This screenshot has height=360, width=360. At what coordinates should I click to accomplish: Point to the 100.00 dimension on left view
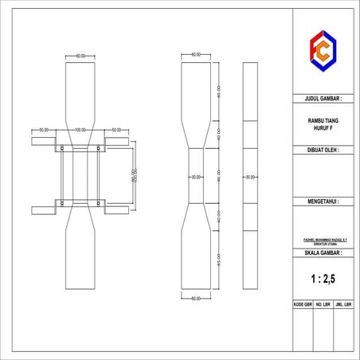80,129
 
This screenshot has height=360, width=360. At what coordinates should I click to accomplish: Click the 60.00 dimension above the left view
80,57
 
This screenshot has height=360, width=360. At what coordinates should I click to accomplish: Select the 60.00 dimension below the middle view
196,298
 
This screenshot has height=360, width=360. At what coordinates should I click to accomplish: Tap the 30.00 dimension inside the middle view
195,177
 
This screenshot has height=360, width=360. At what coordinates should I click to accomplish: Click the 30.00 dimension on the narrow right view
249,177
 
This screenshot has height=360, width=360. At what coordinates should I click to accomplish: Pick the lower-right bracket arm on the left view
115,210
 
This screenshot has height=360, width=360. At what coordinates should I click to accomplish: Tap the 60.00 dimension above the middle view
196,55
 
